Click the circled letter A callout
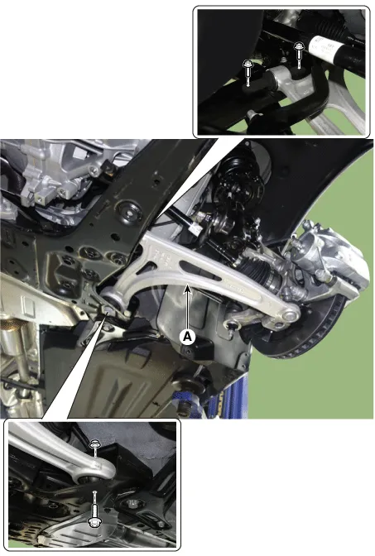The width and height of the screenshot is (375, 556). [187, 337]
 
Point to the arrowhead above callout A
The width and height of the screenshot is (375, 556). [188, 290]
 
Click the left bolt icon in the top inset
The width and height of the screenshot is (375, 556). [248, 73]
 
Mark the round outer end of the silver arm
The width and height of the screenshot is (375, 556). [288, 314]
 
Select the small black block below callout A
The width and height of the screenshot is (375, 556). [198, 349]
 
